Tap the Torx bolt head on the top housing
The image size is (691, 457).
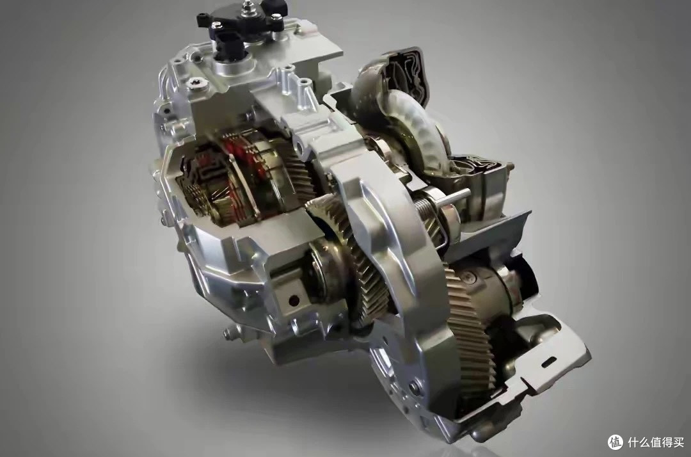(193, 84)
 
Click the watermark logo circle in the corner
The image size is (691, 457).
(616, 442)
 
